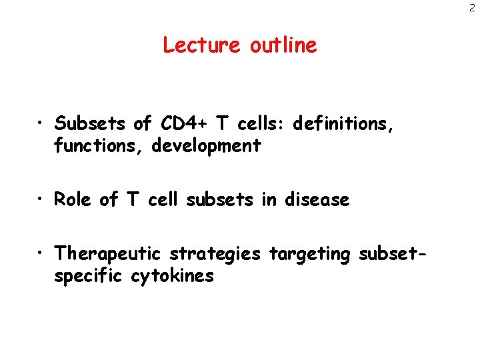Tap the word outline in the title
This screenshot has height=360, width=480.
pyautogui.click(x=283, y=45)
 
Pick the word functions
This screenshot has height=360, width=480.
pyautogui.click(x=99, y=145)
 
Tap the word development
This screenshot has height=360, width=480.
pyautogui.click(x=206, y=145)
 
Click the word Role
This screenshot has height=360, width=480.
pyautogui.click(x=74, y=199)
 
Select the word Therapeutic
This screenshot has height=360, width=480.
pyautogui.click(x=109, y=254)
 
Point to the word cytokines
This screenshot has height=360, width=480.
pyautogui.click(x=174, y=276)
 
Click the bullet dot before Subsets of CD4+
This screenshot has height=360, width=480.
pyautogui.click(x=42, y=124)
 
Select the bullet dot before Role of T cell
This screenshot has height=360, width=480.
pyautogui.click(x=42, y=200)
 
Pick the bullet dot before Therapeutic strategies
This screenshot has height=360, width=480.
pyautogui.click(x=42, y=255)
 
